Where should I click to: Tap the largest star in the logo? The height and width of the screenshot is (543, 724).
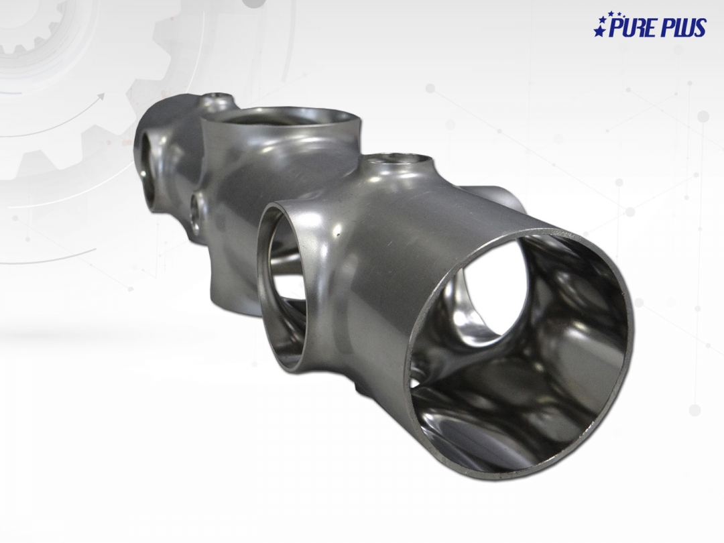pos(599,31)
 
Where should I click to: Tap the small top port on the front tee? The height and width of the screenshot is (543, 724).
pos(401,162)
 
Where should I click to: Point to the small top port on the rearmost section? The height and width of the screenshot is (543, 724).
pos(217,97)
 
